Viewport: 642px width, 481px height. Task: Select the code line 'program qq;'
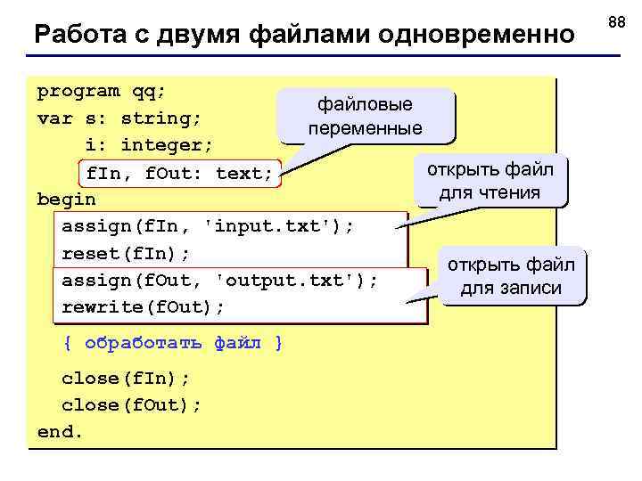(102, 91)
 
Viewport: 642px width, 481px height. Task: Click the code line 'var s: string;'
(119, 118)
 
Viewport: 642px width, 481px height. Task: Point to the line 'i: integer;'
(149, 144)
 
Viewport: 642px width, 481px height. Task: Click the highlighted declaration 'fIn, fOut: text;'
(179, 173)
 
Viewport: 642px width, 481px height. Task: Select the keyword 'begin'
(66, 199)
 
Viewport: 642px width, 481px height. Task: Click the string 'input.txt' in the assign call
(274, 226)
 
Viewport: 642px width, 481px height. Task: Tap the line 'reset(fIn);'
(126, 254)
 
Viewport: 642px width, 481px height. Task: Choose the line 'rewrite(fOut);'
(144, 307)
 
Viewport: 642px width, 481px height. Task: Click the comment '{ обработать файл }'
(173, 343)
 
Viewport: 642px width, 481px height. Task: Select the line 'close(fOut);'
(132, 405)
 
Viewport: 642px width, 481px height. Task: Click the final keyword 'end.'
(60, 432)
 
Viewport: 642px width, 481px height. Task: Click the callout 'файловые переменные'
(366, 117)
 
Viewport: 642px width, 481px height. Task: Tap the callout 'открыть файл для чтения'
(490, 181)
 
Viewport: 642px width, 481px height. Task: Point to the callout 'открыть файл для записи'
(511, 276)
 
